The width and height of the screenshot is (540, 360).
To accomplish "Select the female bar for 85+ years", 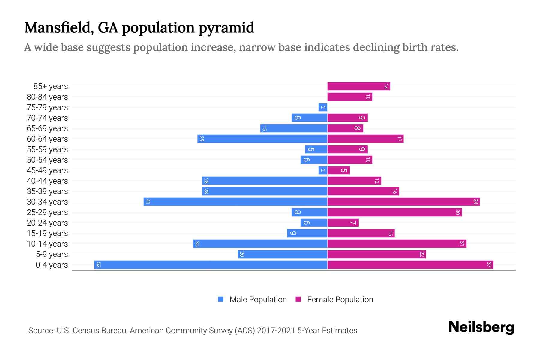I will coord(358,86).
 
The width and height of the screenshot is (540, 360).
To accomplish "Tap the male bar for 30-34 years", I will coord(235,202).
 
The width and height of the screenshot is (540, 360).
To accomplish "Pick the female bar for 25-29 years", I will coord(394,212).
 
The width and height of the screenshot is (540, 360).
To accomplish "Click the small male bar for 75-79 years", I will coord(323,107).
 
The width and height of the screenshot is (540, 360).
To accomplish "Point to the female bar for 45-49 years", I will coord(338,170).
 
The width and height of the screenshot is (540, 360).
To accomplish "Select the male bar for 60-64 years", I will coord(262,139).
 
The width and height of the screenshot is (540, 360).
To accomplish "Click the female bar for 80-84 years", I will coord(349,97).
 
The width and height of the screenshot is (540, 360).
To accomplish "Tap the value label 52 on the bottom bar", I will coord(98,265).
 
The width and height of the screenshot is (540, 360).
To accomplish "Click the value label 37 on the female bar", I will coord(489,265).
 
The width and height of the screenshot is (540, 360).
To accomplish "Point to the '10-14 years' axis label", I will coord(47,244).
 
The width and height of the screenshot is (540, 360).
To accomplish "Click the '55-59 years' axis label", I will coord(47,149).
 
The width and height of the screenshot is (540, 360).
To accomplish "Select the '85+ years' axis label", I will coord(51,86).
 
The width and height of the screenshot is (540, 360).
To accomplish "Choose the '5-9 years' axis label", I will coord(52,254).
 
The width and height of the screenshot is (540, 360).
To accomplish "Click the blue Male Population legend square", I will coord(221,299).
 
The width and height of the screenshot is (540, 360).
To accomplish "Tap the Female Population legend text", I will coord(340,300).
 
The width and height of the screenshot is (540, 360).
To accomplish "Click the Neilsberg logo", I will coord(481,327).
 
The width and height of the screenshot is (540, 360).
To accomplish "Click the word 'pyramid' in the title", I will coord(226,28).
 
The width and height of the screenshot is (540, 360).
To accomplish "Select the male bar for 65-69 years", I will coord(294,128).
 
